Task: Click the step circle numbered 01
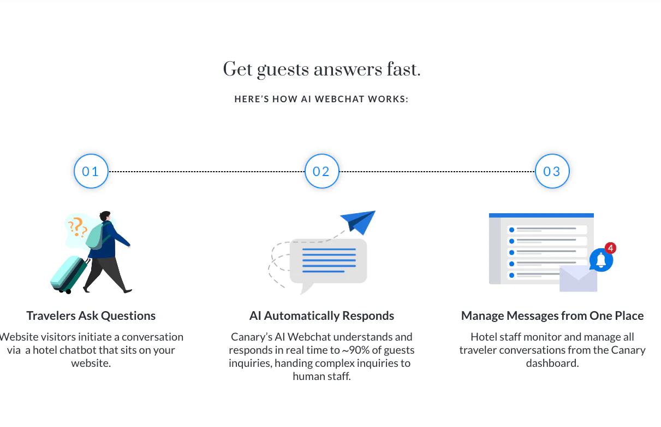(91, 171)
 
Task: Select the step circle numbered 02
(321, 171)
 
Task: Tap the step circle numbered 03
(552, 171)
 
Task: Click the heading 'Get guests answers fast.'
(321, 70)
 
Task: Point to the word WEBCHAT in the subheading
(340, 99)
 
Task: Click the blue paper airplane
(358, 222)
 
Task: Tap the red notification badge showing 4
(610, 248)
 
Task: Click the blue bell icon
(601, 260)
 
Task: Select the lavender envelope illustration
(579, 278)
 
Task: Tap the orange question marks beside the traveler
(78, 227)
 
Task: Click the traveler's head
(105, 216)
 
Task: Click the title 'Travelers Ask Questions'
(91, 315)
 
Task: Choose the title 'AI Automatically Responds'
(321, 315)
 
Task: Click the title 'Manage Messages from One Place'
(552, 315)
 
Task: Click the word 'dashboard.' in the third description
(552, 363)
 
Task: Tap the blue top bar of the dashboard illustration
(541, 215)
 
